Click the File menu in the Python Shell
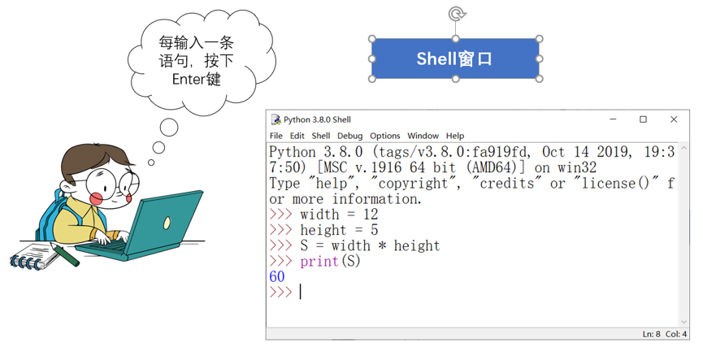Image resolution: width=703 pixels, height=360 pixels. [276, 136]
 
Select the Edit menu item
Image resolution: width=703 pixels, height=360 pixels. [297, 136]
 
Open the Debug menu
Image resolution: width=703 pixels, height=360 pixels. [349, 136]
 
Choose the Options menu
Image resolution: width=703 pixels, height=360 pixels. [384, 136]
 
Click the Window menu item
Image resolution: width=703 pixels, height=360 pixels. [423, 136]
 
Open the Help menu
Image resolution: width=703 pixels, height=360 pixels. [454, 136]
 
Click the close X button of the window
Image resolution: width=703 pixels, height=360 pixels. [674, 119]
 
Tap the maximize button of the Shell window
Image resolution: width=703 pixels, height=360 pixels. [643, 119]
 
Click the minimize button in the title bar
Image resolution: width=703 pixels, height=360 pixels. [613, 119]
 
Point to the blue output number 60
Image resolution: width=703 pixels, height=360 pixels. [277, 276]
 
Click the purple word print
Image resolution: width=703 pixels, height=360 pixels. [319, 262]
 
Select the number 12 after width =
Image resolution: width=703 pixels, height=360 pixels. [371, 215]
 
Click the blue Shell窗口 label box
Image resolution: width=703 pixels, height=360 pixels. [455, 59]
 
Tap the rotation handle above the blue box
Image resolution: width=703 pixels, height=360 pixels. [456, 14]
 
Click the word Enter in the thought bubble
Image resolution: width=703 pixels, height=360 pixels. [189, 80]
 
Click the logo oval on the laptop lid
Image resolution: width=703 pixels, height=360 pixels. [167, 223]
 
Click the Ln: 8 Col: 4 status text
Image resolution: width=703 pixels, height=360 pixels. [665, 334]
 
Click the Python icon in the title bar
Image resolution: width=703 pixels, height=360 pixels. [276, 119]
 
